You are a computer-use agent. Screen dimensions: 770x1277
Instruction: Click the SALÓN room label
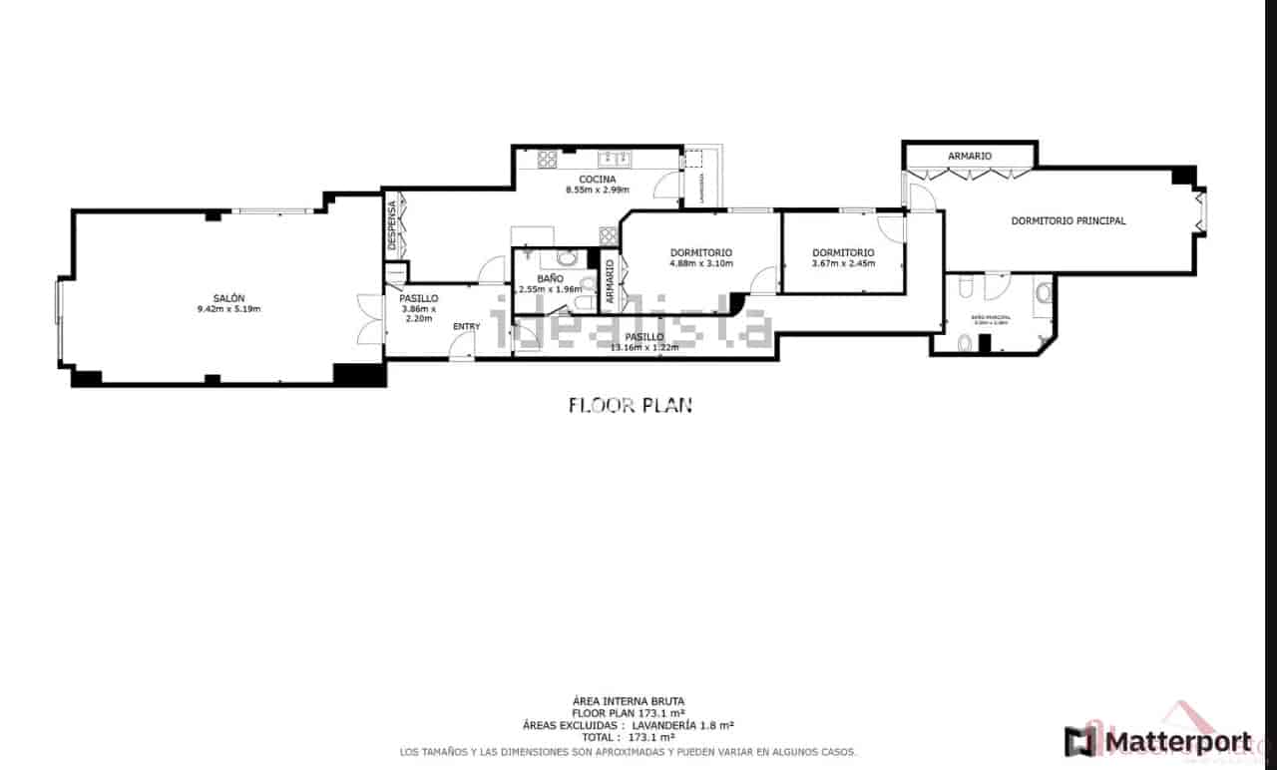click(x=228, y=297)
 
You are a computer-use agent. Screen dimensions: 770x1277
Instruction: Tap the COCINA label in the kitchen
click(x=598, y=179)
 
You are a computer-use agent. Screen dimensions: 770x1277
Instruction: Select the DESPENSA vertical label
click(x=393, y=225)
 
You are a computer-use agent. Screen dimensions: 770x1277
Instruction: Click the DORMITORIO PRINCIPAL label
click(x=1068, y=220)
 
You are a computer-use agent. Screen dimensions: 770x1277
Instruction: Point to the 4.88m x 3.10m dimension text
click(x=700, y=264)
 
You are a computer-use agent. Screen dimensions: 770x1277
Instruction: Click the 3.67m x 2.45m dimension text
click(x=843, y=264)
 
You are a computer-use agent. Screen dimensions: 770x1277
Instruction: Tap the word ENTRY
click(x=466, y=326)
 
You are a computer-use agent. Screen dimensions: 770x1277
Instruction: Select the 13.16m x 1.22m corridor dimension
click(x=643, y=348)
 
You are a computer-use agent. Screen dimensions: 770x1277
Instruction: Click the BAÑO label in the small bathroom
click(x=550, y=278)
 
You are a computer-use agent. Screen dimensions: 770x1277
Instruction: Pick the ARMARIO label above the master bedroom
click(x=969, y=156)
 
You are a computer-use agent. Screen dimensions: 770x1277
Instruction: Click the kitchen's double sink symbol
click(x=611, y=158)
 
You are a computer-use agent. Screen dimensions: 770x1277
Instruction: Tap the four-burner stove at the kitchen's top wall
click(x=547, y=158)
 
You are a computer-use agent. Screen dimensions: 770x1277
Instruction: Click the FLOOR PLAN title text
click(x=630, y=405)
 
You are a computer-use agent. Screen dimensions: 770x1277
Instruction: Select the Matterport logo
click(x=1157, y=742)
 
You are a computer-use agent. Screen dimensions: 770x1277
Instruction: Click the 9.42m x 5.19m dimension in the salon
click(x=228, y=309)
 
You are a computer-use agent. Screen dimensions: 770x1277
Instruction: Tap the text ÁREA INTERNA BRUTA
click(x=629, y=701)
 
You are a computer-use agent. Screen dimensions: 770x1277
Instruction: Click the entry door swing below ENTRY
click(x=462, y=346)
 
